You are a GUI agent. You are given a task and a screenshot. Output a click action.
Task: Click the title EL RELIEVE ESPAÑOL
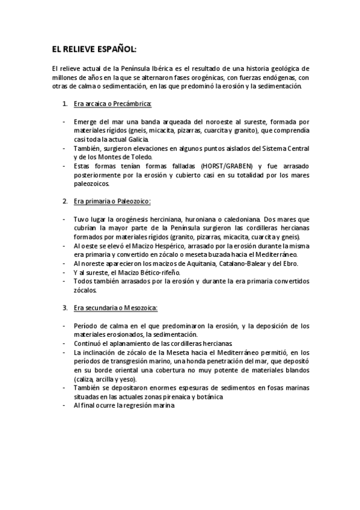[x=94, y=49]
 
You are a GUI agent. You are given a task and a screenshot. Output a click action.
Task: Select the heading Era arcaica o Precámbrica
[x=113, y=103]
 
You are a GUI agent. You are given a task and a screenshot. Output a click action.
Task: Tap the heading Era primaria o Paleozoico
[x=112, y=200]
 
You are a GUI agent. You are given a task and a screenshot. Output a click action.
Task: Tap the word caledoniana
[x=241, y=219]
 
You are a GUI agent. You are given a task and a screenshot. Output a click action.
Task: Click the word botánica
[x=209, y=397]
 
